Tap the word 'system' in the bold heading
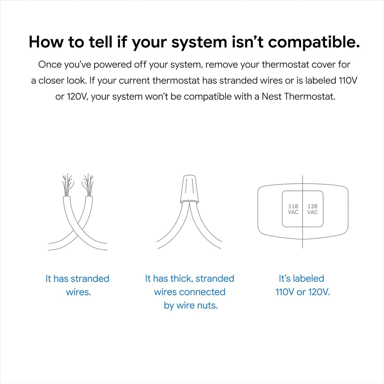tap(199, 43)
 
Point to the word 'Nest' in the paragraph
tap(272, 96)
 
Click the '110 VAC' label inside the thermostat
tap(293, 209)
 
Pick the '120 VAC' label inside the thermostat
tap(312, 209)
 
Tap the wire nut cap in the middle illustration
tap(189, 189)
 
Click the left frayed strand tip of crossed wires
tap(67, 184)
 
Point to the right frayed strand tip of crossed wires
tap(88, 184)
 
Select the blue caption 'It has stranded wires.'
tap(78, 285)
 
